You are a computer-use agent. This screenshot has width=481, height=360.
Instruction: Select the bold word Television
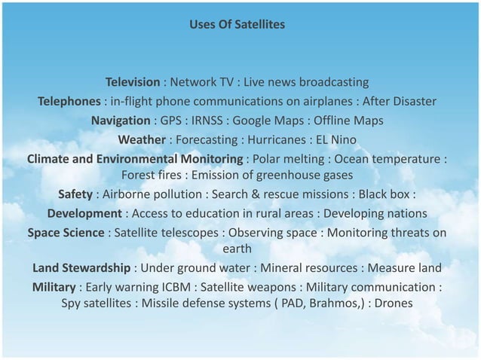133,81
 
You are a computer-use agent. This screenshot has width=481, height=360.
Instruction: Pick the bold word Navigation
121,121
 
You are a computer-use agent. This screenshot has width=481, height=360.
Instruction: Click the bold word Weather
142,140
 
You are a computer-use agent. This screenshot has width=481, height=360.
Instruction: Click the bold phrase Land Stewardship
81,269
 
